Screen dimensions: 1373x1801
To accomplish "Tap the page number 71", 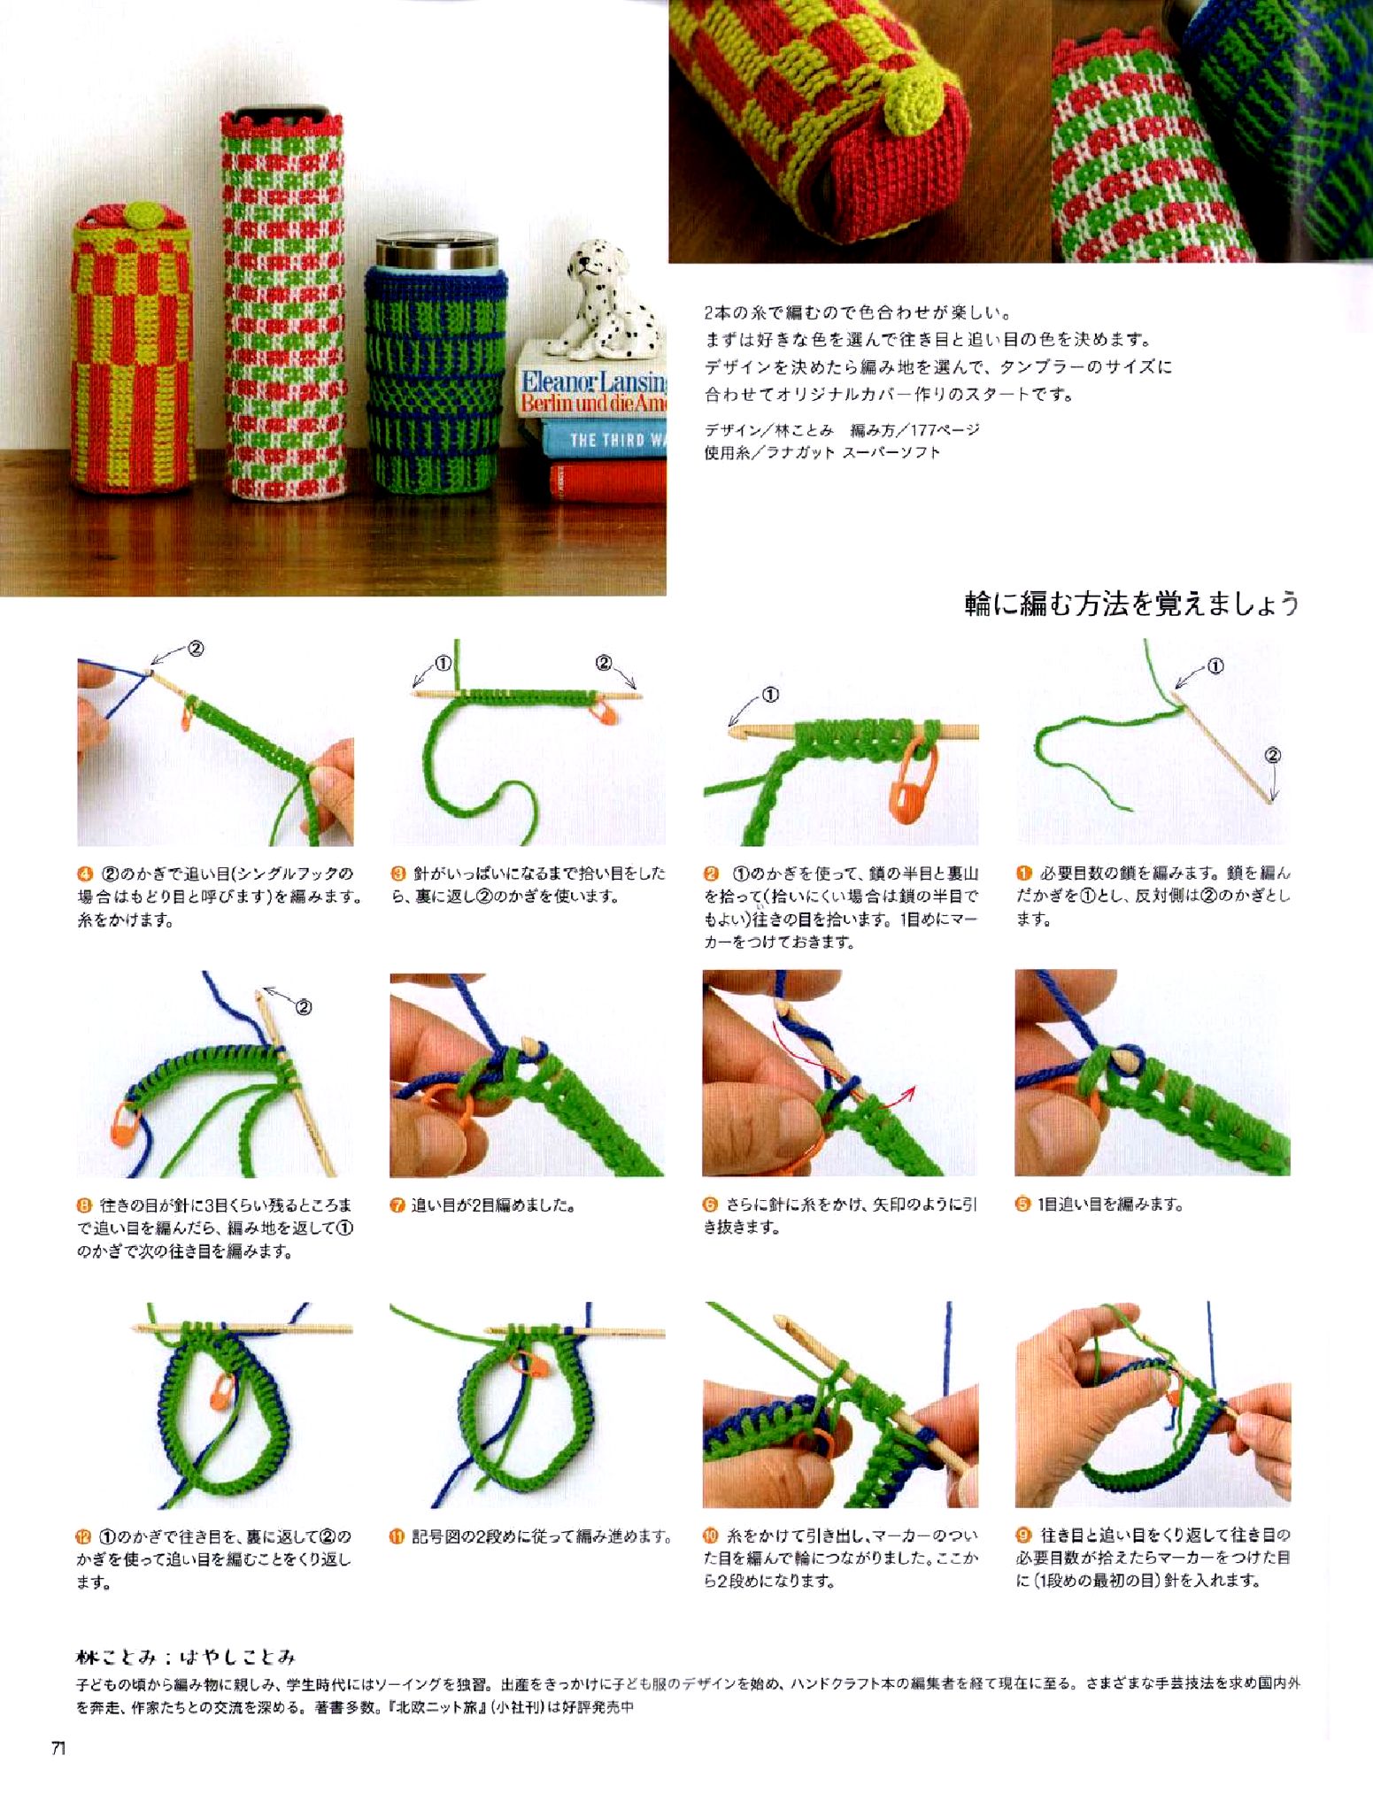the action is (x=58, y=1749).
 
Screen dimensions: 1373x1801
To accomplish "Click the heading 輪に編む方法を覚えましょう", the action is (x=1131, y=604).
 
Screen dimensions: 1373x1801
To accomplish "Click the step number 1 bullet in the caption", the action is (x=1023, y=874).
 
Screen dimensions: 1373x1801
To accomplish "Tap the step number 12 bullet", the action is (x=84, y=1536).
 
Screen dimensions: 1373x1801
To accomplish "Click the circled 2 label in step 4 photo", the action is (x=196, y=649).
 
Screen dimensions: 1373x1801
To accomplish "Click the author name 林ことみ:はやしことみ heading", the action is (x=186, y=1657).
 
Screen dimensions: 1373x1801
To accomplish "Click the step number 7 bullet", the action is (x=398, y=1205).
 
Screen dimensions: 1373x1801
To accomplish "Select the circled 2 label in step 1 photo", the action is (x=1272, y=755).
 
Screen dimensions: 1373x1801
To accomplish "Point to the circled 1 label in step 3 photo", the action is (x=444, y=664).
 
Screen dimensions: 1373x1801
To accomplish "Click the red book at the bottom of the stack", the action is (x=607, y=481).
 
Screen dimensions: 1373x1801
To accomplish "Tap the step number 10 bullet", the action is (x=710, y=1536).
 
